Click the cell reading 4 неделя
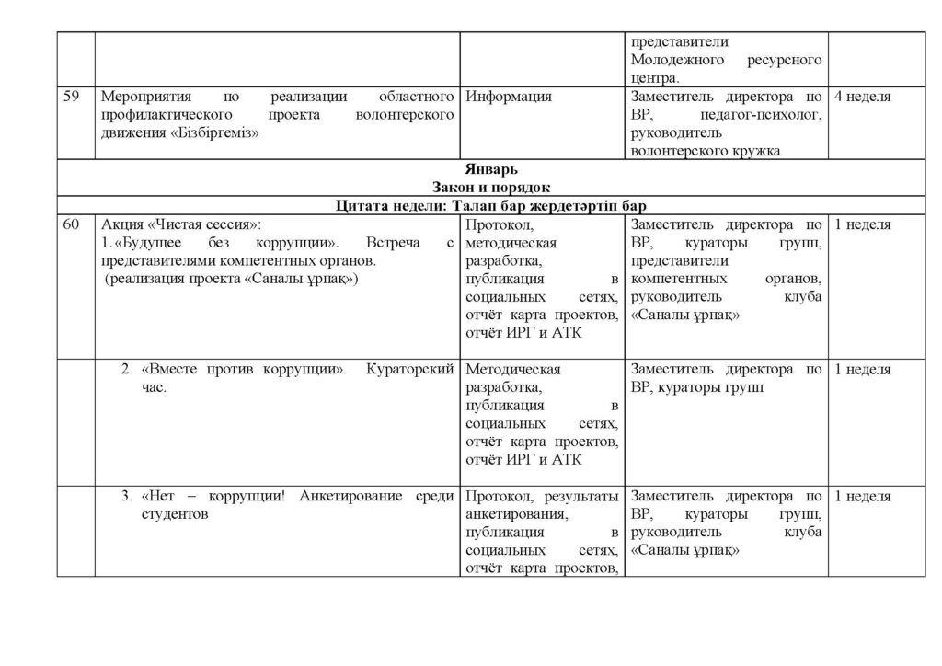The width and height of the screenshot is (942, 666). click(862, 96)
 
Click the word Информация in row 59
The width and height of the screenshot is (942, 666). click(509, 96)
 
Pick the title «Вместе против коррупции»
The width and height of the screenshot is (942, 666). click(244, 370)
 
